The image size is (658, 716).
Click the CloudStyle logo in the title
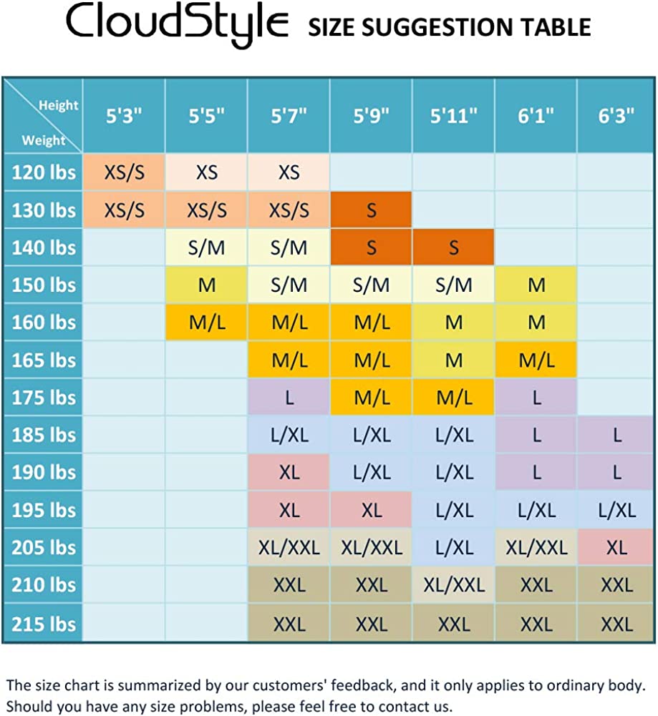178,26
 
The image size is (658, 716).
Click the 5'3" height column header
125,116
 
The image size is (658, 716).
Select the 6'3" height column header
617,116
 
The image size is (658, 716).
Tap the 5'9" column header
371,116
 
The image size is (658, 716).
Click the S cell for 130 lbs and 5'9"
371,210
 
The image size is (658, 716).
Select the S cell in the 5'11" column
453,247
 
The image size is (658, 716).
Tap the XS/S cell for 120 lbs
125,172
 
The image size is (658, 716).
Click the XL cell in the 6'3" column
617,548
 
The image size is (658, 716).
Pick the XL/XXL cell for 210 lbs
453,585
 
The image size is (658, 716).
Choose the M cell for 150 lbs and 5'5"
207,285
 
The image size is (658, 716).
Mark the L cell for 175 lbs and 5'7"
289,398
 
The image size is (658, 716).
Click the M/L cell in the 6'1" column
536,360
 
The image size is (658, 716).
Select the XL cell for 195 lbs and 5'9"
371,510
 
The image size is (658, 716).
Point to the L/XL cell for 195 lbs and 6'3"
617,510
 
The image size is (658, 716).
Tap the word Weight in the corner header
43,140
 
